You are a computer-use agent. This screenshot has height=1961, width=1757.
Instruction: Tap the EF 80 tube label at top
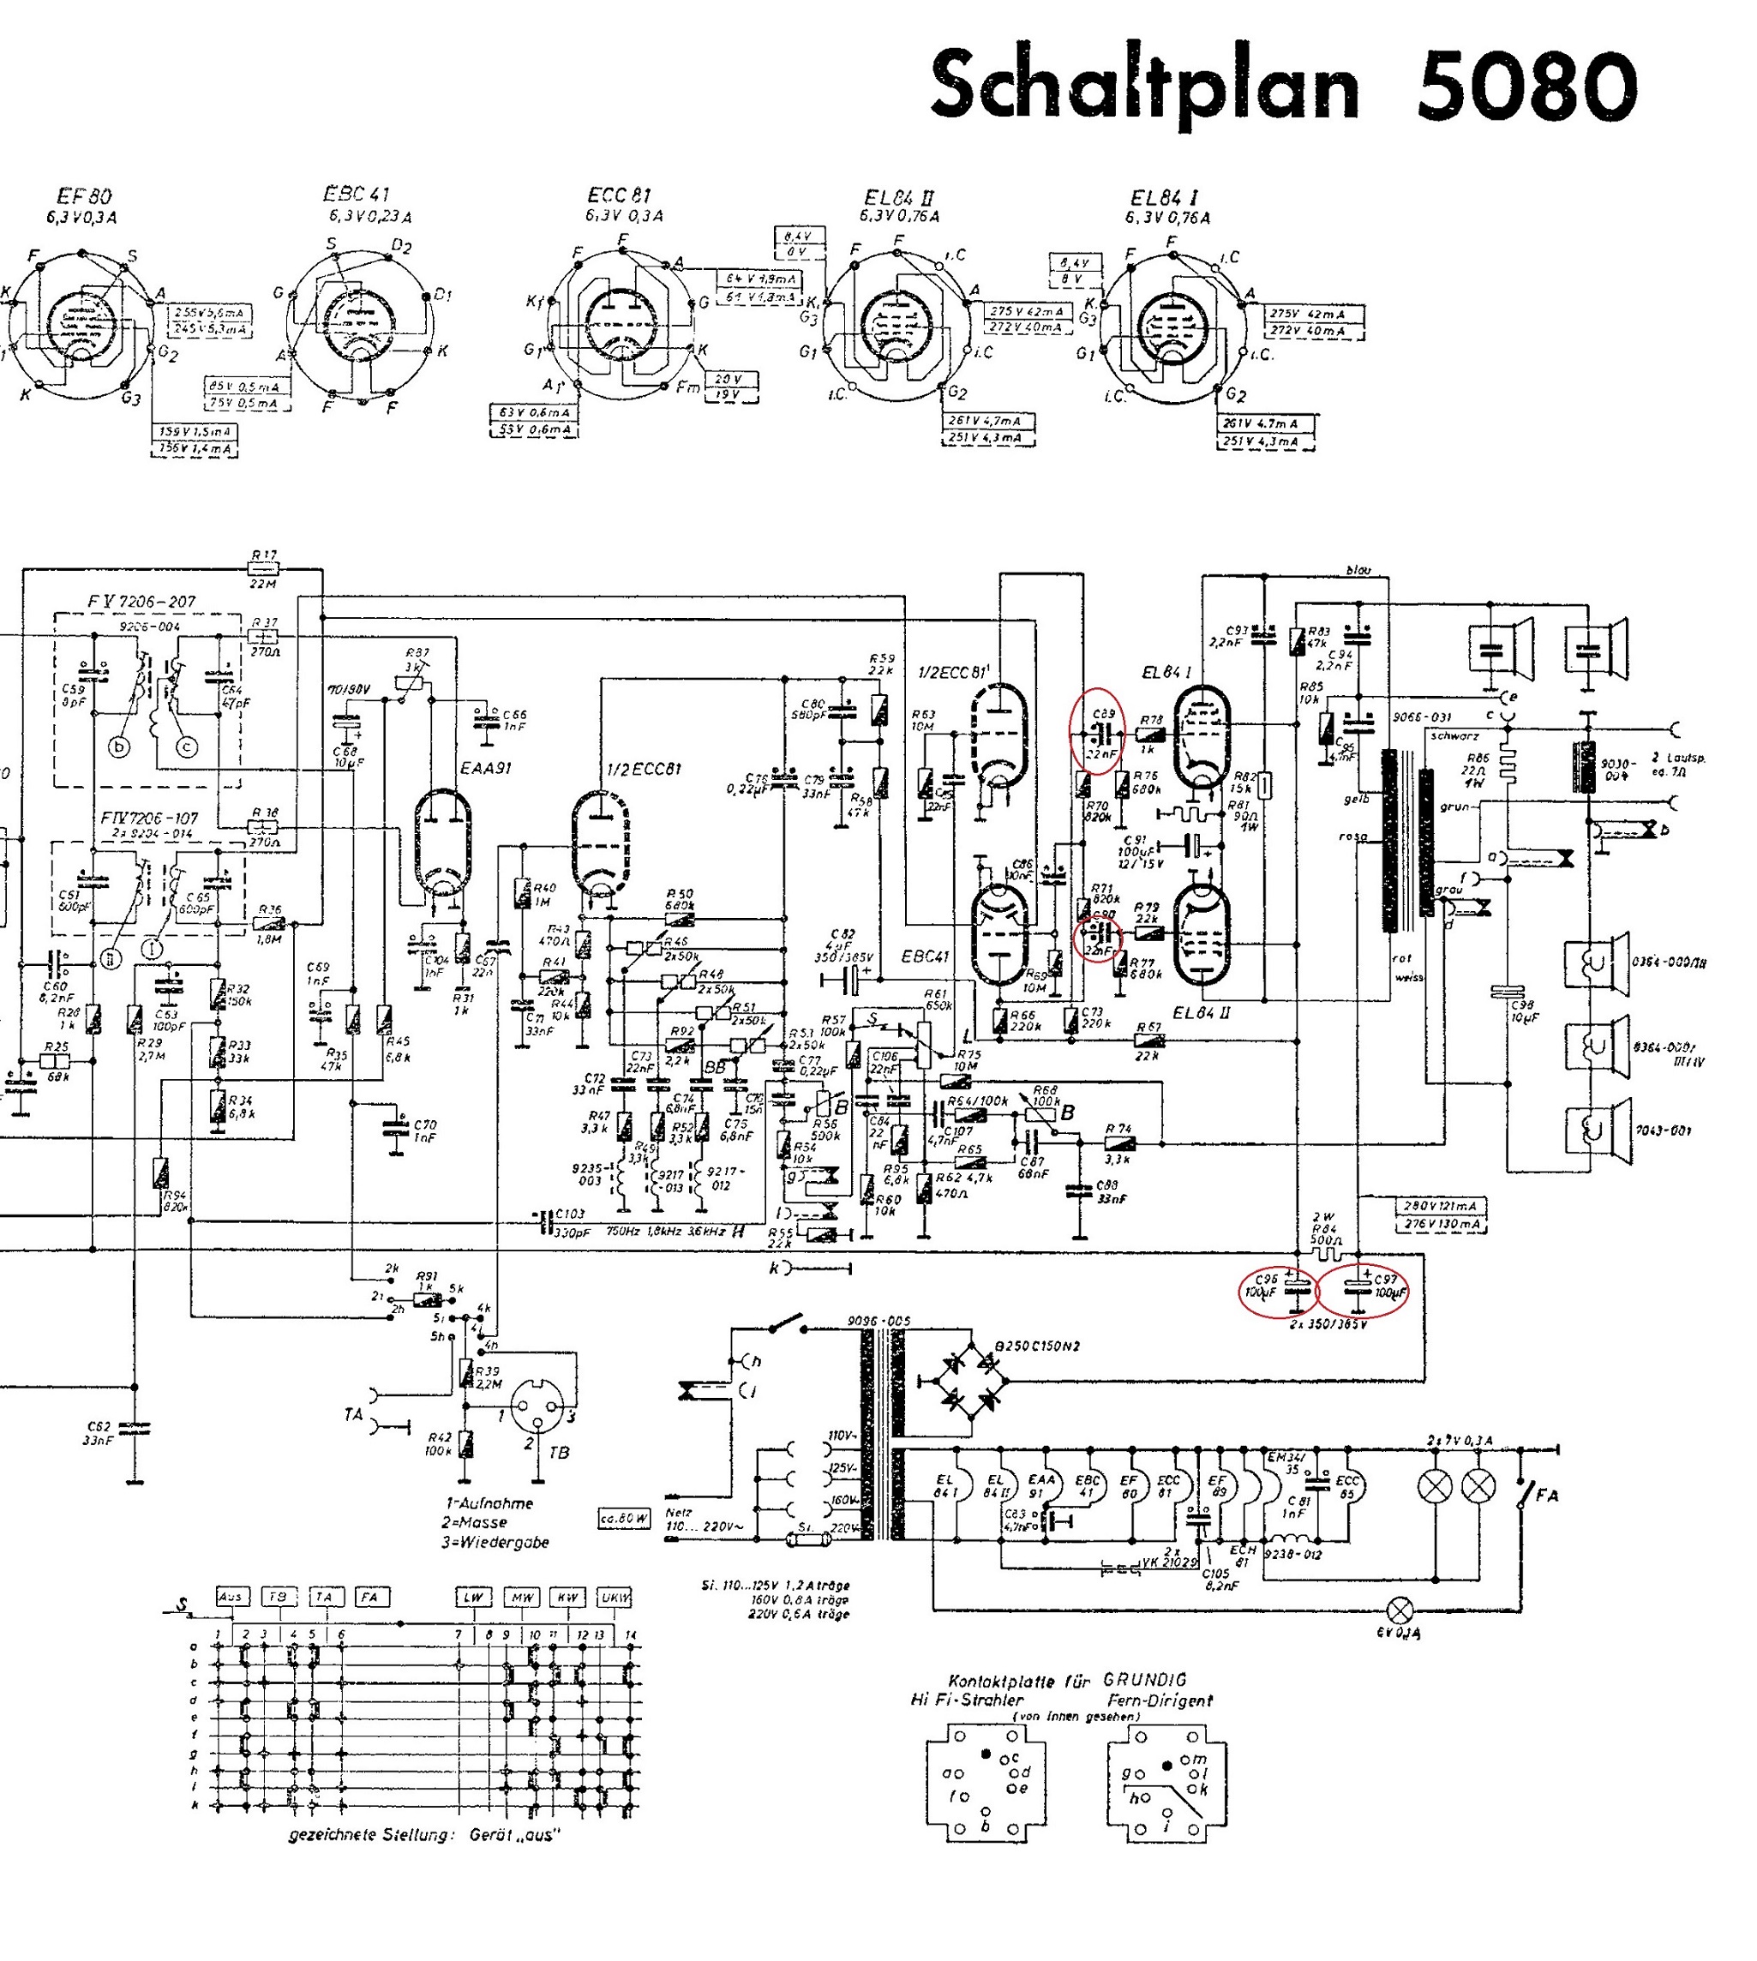click(86, 197)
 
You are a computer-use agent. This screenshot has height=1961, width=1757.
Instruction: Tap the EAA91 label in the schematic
click(487, 769)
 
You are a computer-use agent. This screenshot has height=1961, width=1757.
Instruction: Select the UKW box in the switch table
click(614, 1597)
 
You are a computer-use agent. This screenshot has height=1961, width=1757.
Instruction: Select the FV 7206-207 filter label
click(141, 602)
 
